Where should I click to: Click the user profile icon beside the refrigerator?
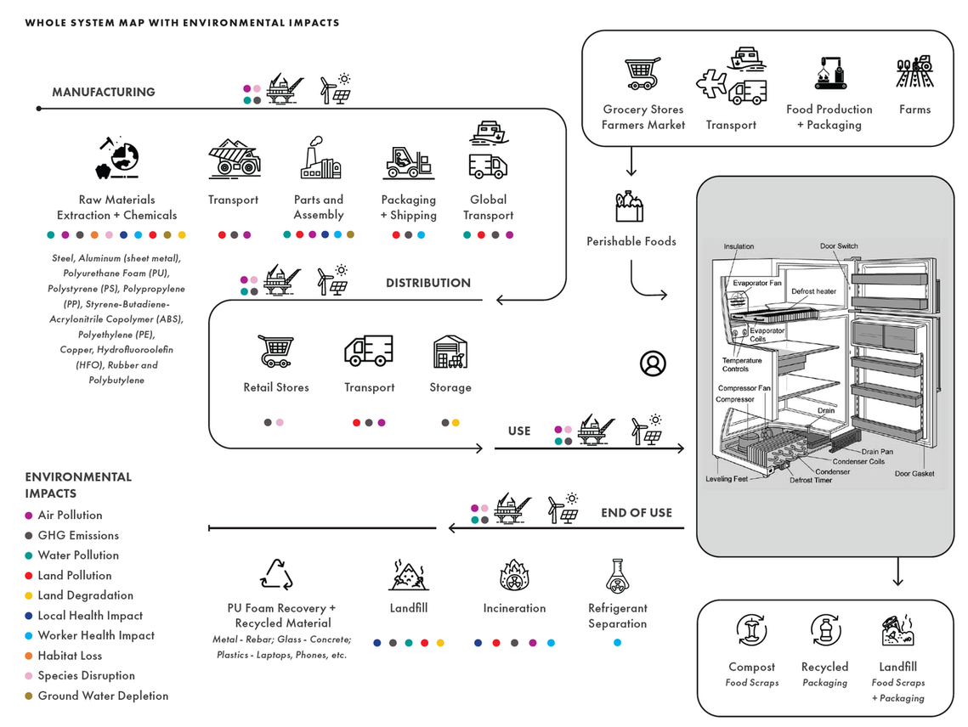653,363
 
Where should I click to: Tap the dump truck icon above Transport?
234,159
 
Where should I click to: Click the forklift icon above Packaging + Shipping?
408,162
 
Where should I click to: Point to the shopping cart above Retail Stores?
275,351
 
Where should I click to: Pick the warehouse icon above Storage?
450,352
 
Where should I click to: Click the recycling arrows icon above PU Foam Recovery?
276,575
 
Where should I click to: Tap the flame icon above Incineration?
513,575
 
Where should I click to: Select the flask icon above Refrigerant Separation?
617,576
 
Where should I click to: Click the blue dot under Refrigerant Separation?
617,642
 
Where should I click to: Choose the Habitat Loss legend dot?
28,656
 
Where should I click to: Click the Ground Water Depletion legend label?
103,696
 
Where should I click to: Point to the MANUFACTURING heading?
104,92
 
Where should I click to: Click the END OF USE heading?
637,513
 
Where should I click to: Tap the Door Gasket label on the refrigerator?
914,473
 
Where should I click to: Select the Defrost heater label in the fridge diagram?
813,291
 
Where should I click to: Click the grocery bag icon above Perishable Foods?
630,206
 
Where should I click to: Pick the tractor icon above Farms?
915,71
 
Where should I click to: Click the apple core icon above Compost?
751,630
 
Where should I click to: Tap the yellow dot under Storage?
456,423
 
